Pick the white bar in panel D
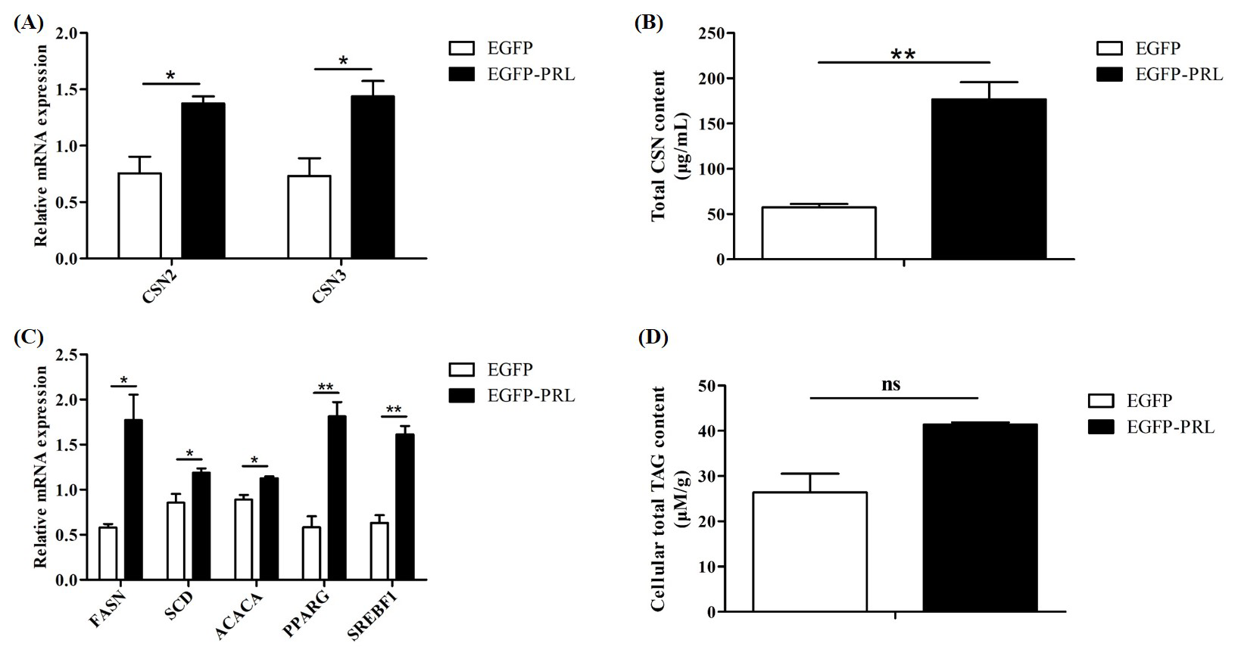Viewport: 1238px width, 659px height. coord(809,552)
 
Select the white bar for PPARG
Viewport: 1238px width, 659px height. coord(310,553)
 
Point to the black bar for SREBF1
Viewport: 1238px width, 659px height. coord(405,507)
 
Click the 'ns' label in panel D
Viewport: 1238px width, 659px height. coord(891,384)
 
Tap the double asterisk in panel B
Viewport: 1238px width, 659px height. coord(903,54)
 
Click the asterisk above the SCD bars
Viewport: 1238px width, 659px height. coord(190,454)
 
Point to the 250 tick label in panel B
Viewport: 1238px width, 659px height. coord(712,33)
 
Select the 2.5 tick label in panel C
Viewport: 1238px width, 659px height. coord(68,355)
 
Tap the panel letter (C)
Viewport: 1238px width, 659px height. coord(29,337)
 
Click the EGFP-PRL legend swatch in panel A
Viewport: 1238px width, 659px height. coord(461,74)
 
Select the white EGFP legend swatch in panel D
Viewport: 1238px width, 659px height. coord(1100,401)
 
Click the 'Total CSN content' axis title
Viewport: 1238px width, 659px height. coord(659,145)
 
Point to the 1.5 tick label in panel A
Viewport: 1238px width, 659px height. coord(68,90)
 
